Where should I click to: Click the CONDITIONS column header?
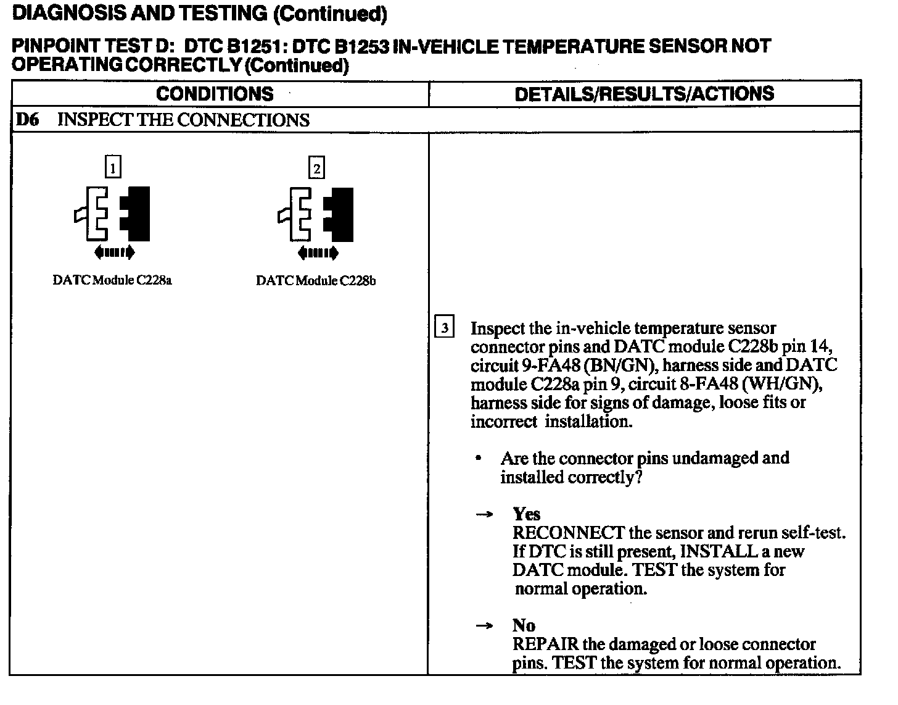215,94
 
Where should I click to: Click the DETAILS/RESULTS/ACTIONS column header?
644,94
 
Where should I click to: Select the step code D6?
27,120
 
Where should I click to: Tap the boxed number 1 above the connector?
113,167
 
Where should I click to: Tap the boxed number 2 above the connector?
316,168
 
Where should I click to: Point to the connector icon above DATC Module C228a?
113,213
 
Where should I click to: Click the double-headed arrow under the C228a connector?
114,251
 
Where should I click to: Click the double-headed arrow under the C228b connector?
317,252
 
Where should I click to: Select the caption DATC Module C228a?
112,280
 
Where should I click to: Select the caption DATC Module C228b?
316,281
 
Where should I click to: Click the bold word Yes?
526,514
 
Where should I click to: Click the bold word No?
524,625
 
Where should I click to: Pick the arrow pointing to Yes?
485,515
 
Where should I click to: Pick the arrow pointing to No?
485,626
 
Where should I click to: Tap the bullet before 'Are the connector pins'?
479,459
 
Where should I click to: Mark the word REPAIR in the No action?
545,645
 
